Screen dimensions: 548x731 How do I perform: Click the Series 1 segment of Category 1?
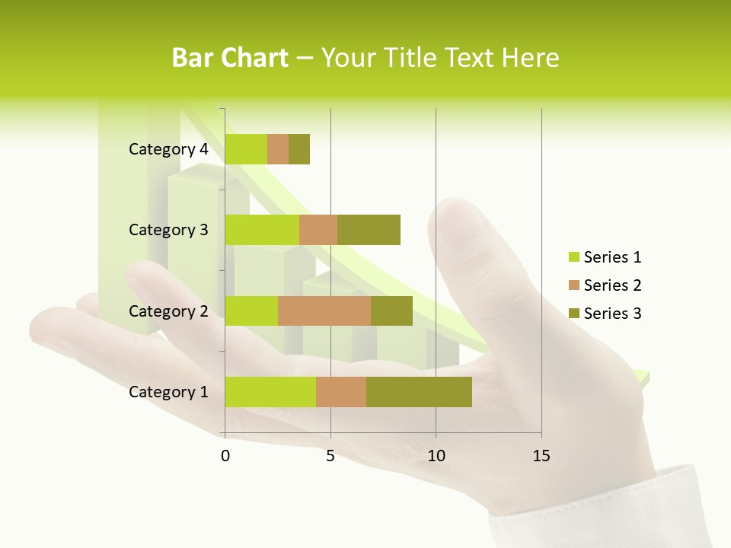[x=270, y=391]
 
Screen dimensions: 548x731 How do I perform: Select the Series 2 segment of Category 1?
[x=341, y=391]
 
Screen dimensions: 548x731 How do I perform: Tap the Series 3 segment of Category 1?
[x=419, y=391]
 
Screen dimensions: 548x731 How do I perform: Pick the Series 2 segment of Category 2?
[x=324, y=311]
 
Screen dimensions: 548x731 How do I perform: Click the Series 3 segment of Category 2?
[x=391, y=311]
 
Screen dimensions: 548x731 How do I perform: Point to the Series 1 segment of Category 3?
[x=262, y=230]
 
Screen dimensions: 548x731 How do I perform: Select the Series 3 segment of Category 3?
[x=369, y=230]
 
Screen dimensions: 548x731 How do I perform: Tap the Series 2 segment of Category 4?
[x=278, y=149]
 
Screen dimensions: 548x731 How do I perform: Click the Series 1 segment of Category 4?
[x=246, y=149]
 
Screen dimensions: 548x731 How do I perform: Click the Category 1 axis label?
[x=168, y=392]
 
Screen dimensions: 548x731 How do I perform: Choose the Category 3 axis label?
[x=168, y=230]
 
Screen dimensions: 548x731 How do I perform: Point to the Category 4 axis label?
[x=168, y=149]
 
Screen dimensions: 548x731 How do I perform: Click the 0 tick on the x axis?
[x=225, y=456]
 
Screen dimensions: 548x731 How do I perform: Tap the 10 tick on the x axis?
[x=436, y=456]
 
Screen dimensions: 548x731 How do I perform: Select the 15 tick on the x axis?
[x=541, y=456]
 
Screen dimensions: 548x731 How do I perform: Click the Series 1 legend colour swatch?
[x=573, y=257]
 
